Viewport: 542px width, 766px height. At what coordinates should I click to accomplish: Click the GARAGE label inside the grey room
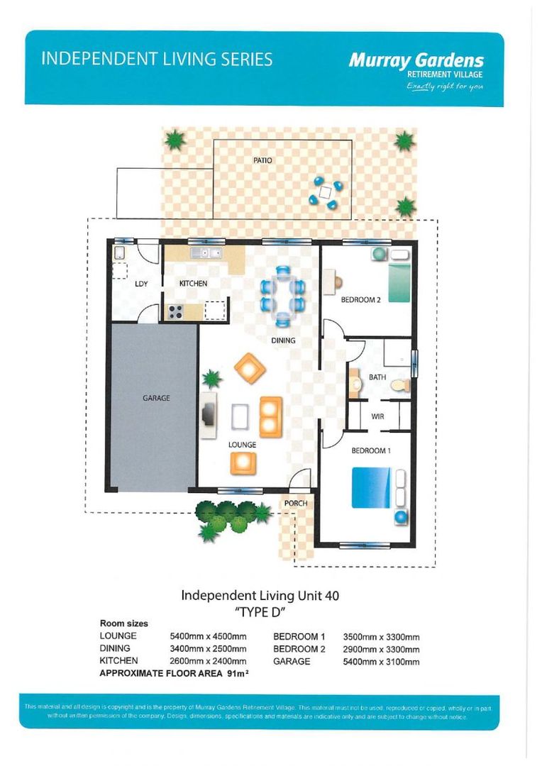156,398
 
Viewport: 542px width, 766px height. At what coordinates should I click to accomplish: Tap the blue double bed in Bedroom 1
372,487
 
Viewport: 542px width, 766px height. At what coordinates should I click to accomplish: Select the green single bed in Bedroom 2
399,282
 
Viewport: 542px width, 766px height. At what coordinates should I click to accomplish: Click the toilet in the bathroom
401,385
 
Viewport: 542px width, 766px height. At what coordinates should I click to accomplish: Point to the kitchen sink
206,253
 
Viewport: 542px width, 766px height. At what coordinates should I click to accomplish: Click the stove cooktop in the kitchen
175,311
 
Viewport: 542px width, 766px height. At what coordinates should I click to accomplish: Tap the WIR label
378,417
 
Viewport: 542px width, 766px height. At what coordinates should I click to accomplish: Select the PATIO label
262,160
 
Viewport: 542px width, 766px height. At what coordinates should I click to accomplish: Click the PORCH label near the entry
296,503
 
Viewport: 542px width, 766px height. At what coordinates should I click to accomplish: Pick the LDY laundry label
141,284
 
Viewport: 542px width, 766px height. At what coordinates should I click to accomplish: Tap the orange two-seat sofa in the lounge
271,417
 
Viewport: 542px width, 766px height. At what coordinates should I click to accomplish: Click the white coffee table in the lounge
240,417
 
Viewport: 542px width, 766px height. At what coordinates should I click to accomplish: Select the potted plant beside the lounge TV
211,379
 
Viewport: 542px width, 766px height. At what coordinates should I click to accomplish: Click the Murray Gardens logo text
416,60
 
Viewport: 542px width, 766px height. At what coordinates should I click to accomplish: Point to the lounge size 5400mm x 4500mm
208,636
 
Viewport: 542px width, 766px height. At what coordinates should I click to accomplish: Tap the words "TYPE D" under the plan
260,612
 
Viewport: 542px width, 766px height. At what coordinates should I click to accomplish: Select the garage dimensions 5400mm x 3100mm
381,662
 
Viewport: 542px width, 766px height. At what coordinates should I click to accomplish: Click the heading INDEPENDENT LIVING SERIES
157,59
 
